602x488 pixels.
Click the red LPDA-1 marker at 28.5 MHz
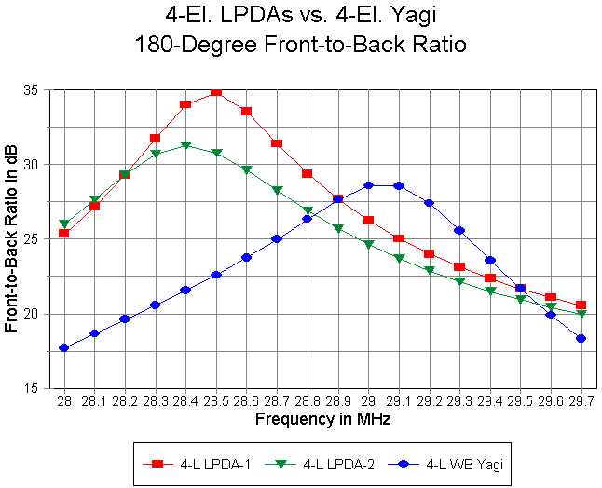click(x=216, y=91)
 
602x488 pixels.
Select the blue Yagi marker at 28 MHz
click(x=64, y=348)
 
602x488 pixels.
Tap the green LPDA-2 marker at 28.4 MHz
click(x=185, y=145)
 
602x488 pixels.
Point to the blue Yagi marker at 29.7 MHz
click(x=581, y=339)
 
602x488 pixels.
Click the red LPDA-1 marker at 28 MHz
click(x=64, y=233)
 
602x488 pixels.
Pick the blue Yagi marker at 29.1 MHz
click(x=399, y=185)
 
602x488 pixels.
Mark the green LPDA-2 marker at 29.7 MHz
click(x=581, y=314)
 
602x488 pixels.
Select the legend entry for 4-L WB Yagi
click(x=430, y=463)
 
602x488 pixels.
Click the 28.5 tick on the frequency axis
click(x=216, y=400)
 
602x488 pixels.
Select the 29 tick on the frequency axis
click(x=368, y=400)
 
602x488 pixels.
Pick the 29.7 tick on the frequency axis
click(x=581, y=400)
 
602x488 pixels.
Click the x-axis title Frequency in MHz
click(x=322, y=419)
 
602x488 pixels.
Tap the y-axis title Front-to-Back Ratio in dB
click(x=12, y=239)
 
